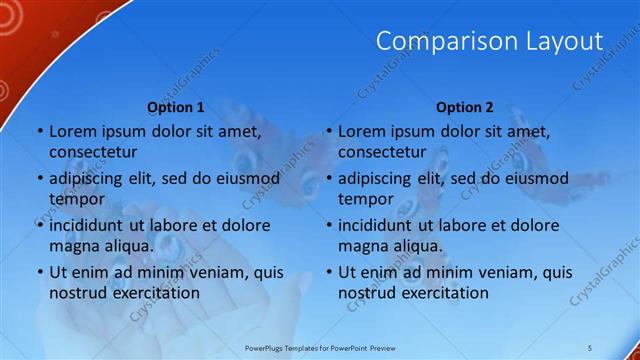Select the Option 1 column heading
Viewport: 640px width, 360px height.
coord(176,107)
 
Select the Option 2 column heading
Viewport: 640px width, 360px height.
coord(465,107)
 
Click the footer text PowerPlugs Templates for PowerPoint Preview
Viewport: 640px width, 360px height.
coord(320,346)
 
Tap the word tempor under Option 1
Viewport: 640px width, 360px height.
coord(77,199)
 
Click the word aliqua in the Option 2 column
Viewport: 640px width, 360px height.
coord(416,245)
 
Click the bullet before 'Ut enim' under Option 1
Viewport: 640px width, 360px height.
coord(40,272)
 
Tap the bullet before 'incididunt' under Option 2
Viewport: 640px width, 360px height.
coord(329,225)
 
